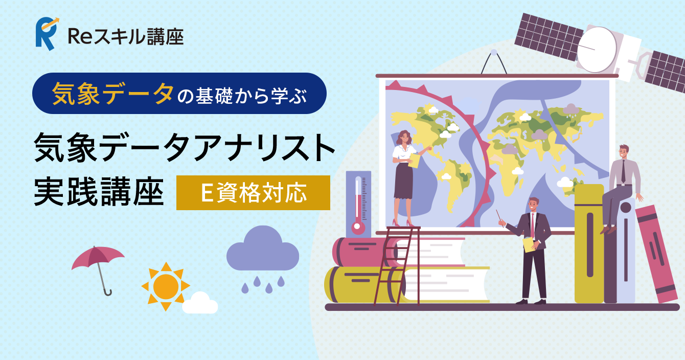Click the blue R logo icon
click(47, 34)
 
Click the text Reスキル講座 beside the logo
click(126, 37)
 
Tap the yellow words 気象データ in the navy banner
click(113, 93)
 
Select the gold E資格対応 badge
click(253, 193)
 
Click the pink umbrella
click(98, 263)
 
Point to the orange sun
click(166, 286)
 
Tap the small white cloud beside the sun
click(200, 303)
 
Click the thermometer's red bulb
click(357, 227)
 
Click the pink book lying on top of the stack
click(398, 252)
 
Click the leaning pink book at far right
click(656, 254)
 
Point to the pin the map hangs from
click(494, 52)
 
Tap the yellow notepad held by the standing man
click(529, 245)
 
